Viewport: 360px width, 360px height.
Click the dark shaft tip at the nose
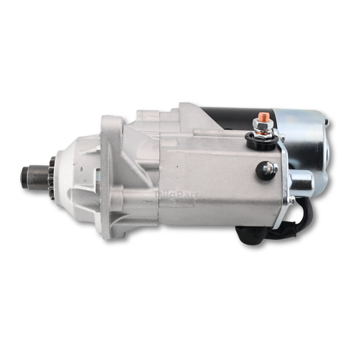26,176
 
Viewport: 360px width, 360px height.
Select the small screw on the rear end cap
327,123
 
